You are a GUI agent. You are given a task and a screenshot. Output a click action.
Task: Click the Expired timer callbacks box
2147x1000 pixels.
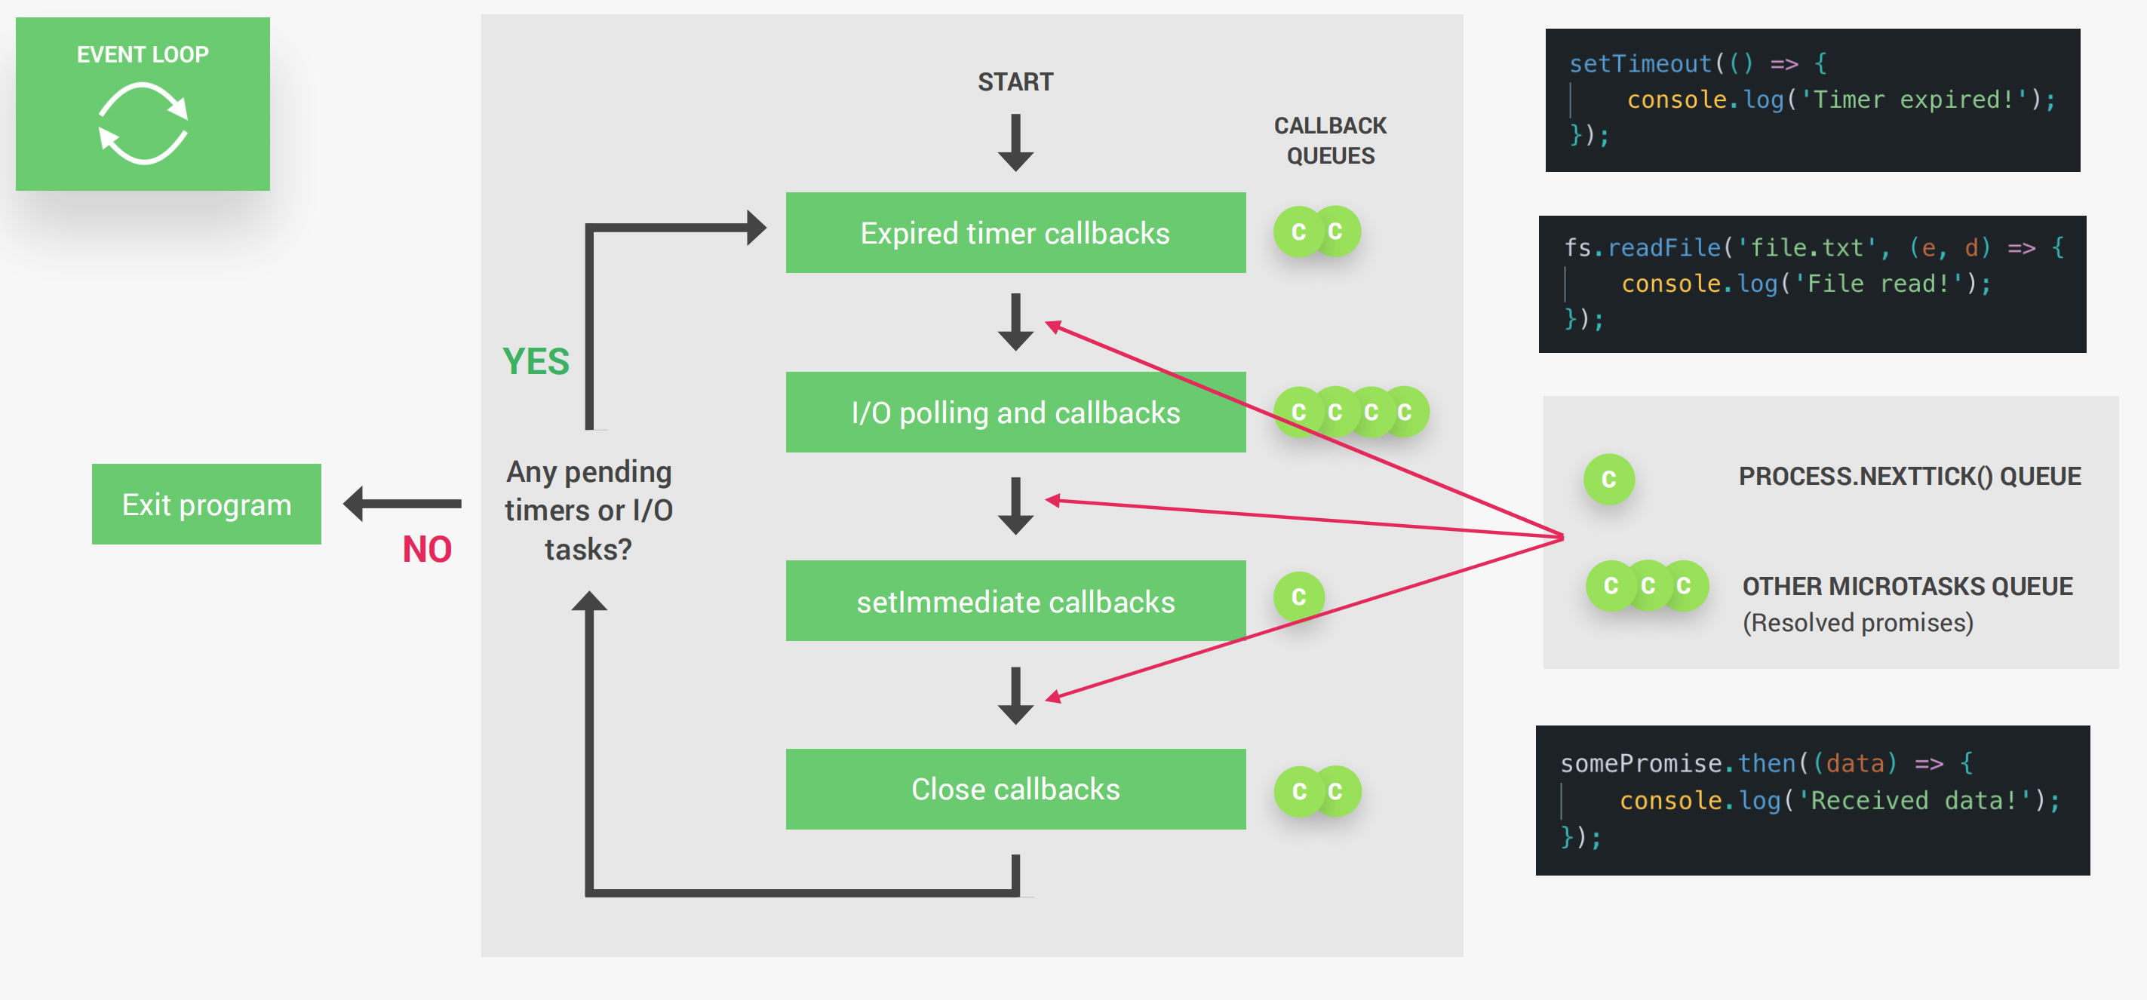click(x=1015, y=233)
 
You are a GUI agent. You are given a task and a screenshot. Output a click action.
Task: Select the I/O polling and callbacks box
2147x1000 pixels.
click(x=1015, y=413)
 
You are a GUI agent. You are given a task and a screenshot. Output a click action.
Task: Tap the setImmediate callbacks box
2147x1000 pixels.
click(x=1015, y=601)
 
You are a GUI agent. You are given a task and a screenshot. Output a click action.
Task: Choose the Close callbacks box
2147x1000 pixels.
click(x=1015, y=788)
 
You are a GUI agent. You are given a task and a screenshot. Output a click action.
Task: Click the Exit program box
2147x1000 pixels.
click(x=206, y=505)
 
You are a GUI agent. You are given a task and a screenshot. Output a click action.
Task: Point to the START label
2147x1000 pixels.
click(x=1015, y=81)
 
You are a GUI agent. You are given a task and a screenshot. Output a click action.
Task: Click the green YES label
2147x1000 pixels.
click(x=536, y=362)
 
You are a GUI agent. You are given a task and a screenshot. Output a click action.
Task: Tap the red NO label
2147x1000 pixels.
click(x=427, y=549)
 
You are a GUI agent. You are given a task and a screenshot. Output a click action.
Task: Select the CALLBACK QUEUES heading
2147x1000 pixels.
click(x=1330, y=141)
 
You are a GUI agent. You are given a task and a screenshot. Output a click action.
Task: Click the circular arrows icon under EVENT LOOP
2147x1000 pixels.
click(x=143, y=124)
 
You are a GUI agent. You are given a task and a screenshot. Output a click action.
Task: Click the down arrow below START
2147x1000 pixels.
click(x=1015, y=143)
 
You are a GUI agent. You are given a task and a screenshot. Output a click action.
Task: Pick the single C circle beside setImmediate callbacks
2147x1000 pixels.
click(x=1298, y=597)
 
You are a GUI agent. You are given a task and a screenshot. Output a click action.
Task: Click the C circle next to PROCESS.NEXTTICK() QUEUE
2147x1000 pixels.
click(x=1608, y=479)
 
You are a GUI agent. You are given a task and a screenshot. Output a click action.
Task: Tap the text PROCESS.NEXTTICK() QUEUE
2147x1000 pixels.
click(x=1909, y=476)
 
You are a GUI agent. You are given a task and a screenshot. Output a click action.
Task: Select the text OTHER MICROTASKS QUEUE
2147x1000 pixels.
click(x=1907, y=586)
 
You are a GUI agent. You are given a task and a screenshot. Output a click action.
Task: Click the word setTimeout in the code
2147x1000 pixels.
click(x=1639, y=63)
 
